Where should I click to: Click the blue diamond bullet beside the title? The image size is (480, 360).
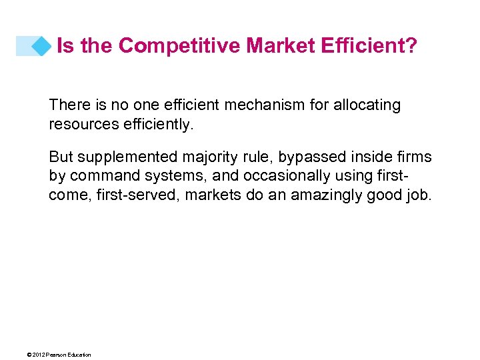click(42, 46)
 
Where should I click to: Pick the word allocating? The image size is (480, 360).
click(367, 105)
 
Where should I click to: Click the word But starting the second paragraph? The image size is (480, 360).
click(61, 157)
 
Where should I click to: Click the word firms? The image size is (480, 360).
click(415, 157)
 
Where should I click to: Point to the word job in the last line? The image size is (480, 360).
click(421, 195)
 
